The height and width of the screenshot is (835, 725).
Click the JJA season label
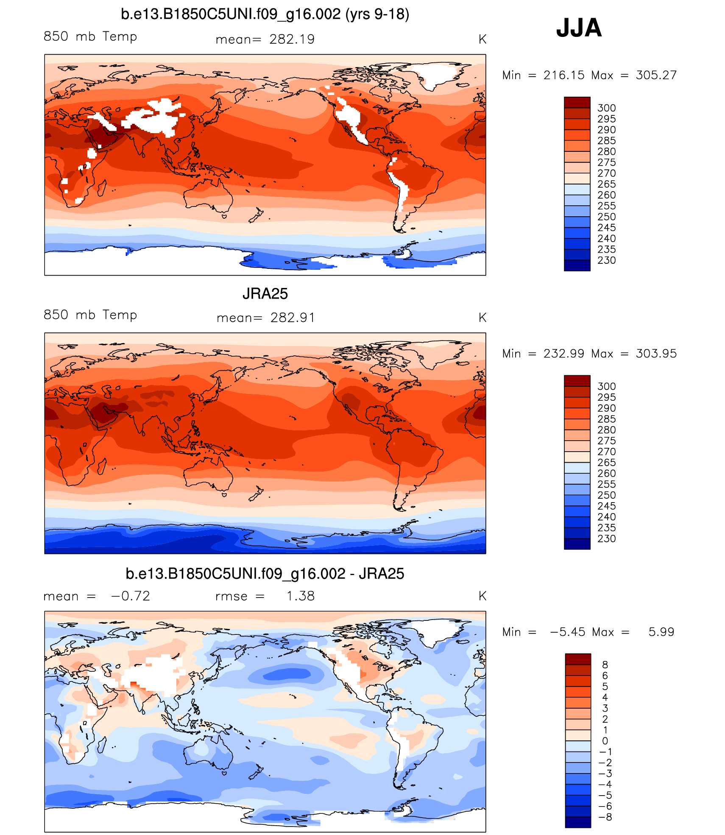(x=579, y=28)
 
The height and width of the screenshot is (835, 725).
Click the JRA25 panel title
(x=265, y=294)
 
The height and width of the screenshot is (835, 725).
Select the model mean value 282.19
(x=292, y=39)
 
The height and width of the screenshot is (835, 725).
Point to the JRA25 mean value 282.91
(x=293, y=318)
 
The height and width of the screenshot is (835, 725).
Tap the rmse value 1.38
(x=300, y=596)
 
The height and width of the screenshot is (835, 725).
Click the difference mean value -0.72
(x=130, y=596)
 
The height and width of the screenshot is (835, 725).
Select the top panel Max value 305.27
(x=656, y=75)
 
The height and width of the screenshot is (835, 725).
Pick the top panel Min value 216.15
(x=563, y=75)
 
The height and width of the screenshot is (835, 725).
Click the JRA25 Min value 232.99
(x=563, y=354)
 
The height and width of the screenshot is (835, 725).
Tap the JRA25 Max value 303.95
(x=656, y=354)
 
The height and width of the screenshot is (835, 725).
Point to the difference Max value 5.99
(x=661, y=632)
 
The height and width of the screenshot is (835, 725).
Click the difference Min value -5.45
(x=566, y=632)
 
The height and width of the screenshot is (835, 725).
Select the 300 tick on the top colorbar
(x=606, y=108)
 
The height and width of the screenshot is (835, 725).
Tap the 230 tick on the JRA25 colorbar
(x=606, y=539)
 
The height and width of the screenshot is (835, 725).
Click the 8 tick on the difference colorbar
(x=605, y=665)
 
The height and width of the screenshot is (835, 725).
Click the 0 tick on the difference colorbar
(x=605, y=741)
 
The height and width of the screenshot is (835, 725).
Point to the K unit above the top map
(x=482, y=39)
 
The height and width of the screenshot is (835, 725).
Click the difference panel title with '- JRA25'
(x=265, y=574)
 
